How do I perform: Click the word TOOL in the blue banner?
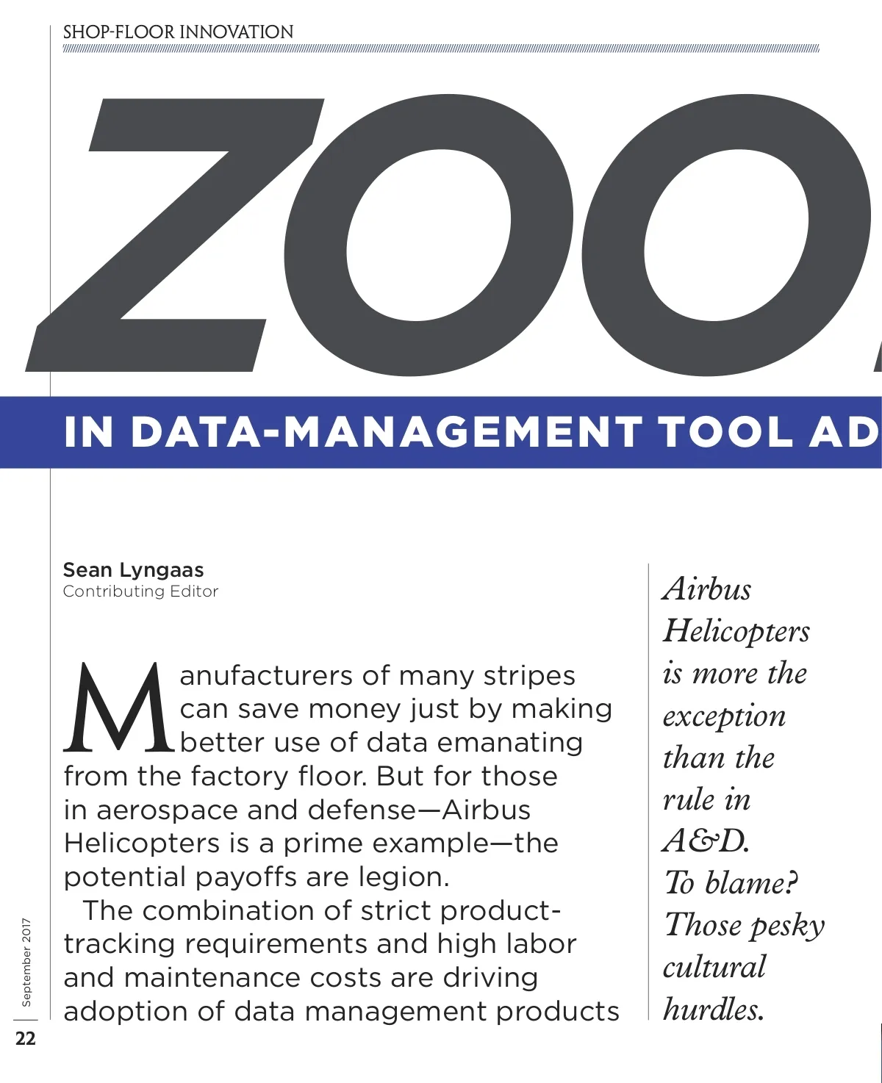coord(725,432)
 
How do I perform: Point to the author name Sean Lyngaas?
coord(133,570)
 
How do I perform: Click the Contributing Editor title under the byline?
coord(140,591)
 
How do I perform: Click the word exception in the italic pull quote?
coord(724,716)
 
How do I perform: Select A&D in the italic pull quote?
coord(706,841)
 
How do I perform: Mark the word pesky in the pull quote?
coord(787,927)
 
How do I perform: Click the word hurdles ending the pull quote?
coord(713,1010)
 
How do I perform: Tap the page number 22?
coord(26,1038)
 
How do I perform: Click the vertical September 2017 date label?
coord(26,962)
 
